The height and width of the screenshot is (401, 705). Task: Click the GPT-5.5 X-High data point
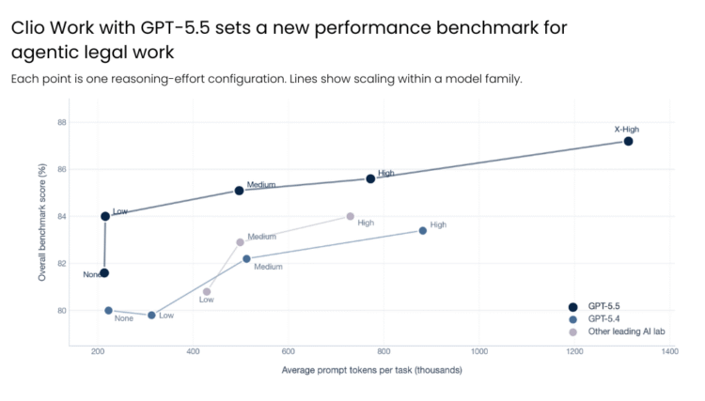coord(628,141)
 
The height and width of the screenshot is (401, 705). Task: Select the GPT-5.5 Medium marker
coord(240,191)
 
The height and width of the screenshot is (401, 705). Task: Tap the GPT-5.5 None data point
coord(104,273)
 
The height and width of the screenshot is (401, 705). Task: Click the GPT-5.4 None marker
coord(109,310)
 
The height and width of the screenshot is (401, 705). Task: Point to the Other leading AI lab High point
coord(351,216)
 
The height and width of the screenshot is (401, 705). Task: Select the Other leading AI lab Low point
coord(207,291)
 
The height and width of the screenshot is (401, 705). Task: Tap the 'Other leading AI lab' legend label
coord(633,332)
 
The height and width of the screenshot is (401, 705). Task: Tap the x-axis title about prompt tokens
coord(371,370)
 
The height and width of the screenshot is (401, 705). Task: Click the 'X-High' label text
coord(627,129)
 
